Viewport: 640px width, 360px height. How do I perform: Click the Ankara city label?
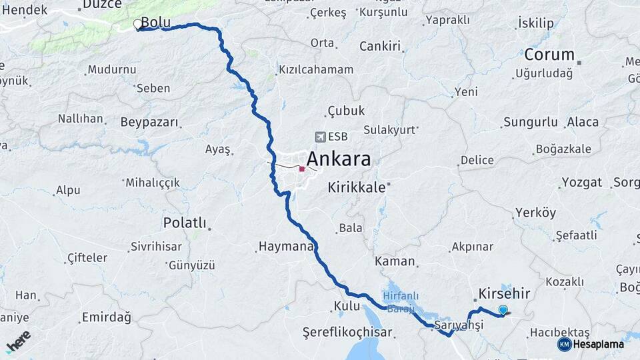click(x=338, y=161)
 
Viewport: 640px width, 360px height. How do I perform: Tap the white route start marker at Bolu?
click(x=137, y=25)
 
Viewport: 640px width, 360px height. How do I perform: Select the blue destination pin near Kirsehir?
click(x=503, y=309)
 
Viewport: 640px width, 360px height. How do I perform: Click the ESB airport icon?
click(x=320, y=137)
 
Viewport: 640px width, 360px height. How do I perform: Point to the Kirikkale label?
click(x=357, y=188)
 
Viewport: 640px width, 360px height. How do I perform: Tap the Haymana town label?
click(x=285, y=247)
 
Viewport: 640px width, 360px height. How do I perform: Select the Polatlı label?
click(x=185, y=223)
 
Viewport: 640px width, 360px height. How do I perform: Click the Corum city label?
click(x=549, y=55)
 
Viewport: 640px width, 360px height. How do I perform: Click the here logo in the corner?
click(x=19, y=341)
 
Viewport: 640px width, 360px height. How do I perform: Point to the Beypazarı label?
click(x=150, y=123)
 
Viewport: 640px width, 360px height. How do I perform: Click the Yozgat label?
click(x=581, y=183)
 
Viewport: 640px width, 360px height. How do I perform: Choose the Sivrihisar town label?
click(x=157, y=246)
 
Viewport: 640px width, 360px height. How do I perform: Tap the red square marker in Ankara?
click(x=302, y=169)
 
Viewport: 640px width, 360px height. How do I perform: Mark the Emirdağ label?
click(x=106, y=317)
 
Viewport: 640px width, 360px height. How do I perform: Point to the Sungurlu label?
click(x=530, y=122)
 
